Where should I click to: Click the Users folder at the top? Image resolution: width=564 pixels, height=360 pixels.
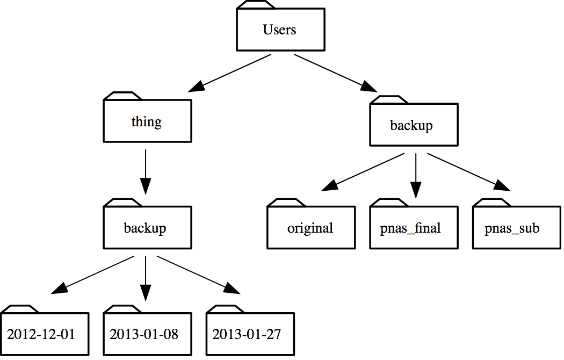click(x=280, y=30)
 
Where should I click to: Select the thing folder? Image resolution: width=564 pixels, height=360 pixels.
click(x=148, y=121)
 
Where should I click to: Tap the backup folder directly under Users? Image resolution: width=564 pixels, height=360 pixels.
click(x=414, y=125)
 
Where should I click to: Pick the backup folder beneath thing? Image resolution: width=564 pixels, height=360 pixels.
click(x=148, y=227)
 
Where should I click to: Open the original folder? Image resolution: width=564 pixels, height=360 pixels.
click(x=311, y=227)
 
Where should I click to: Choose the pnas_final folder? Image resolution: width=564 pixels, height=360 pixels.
click(x=414, y=227)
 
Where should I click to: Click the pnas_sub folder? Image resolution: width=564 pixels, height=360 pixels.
click(x=517, y=227)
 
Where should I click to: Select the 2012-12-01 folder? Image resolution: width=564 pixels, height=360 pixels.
click(x=45, y=334)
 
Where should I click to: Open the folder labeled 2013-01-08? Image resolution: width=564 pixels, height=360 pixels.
click(x=148, y=334)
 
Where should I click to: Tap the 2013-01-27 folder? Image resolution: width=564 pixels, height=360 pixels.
click(x=250, y=334)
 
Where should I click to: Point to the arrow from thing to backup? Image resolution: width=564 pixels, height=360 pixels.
click(x=146, y=172)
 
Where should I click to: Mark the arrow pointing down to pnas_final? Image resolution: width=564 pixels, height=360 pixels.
click(x=416, y=176)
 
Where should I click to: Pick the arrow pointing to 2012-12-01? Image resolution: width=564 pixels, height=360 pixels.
click(x=92, y=275)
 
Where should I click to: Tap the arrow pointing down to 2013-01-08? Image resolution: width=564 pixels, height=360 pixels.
click(x=146, y=278)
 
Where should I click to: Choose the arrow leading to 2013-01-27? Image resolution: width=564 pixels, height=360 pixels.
click(x=199, y=275)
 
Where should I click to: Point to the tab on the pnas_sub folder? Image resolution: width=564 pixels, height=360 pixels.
click(x=492, y=203)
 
